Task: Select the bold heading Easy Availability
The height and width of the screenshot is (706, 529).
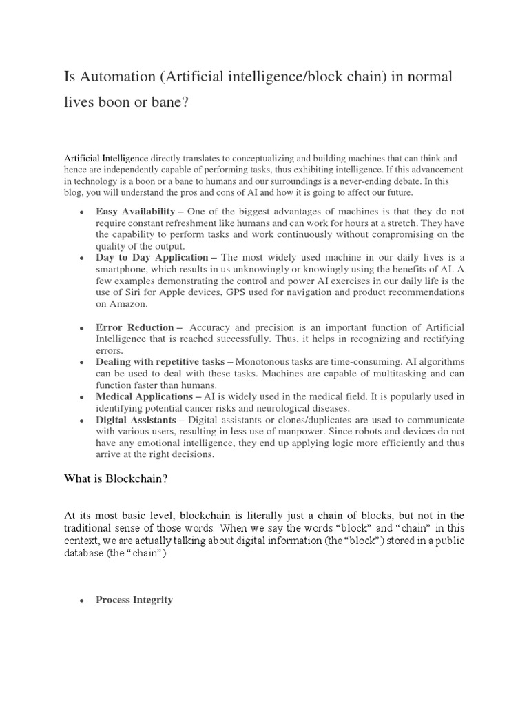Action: pos(135,212)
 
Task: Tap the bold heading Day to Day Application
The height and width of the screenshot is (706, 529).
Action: pos(152,256)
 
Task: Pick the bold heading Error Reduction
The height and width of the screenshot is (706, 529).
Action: pos(135,327)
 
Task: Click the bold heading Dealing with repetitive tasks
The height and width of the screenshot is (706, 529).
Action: pos(160,361)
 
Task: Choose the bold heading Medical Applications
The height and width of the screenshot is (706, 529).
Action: pos(144,396)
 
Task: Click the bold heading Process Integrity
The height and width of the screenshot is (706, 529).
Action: pos(134,600)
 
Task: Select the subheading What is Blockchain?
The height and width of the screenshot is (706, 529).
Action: pos(116,478)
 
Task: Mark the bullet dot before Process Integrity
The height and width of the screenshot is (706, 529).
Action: pos(82,601)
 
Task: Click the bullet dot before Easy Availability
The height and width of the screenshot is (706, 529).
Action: pos(82,212)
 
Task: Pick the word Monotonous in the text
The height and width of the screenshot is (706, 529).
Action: pos(266,361)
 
